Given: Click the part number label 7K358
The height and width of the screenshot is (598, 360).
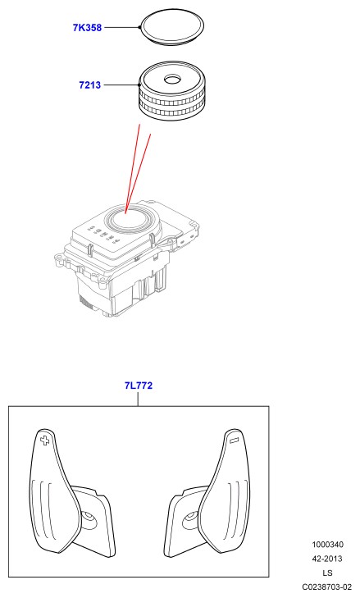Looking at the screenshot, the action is point(87,27).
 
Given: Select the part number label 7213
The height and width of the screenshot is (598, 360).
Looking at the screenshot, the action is point(90,84).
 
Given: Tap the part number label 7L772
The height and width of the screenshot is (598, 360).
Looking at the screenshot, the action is point(139,386).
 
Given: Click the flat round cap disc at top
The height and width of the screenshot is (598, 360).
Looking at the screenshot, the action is point(171,26).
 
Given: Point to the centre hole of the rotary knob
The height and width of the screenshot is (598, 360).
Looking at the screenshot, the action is point(173,80).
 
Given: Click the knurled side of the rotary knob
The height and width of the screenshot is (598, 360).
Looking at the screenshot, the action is point(172,105).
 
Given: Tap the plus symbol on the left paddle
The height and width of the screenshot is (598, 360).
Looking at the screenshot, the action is point(45,441).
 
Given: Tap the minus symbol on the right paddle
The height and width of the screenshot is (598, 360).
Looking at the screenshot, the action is point(235,441).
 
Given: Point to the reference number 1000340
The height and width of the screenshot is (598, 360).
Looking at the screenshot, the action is point(327,544).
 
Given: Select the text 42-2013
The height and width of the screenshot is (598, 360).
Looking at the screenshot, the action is point(327,559).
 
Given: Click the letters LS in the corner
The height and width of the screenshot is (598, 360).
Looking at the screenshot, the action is point(327,573).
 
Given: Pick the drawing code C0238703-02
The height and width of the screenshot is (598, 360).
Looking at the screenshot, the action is point(327,587).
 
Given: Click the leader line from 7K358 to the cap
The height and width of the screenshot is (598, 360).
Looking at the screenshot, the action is point(122,27).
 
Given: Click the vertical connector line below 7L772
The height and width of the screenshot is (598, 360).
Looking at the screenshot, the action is point(138,399).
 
